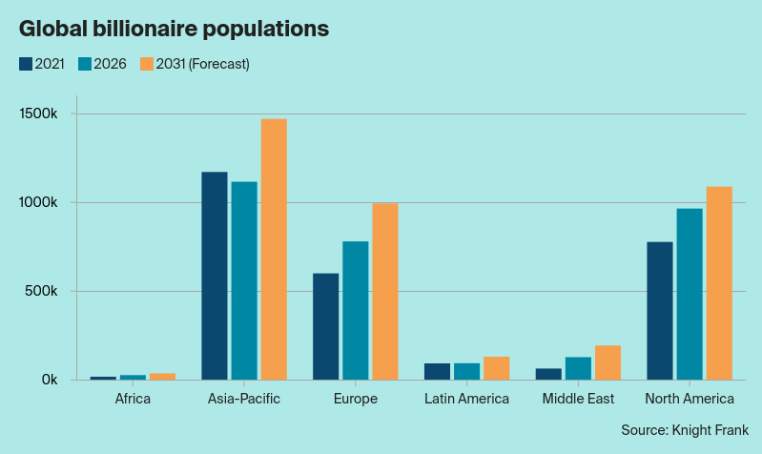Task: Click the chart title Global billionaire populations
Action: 175,29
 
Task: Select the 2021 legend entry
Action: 41,64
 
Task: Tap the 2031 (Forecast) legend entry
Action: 195,64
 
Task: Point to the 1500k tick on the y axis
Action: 41,114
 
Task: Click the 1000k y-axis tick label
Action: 41,203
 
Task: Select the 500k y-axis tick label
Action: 45,291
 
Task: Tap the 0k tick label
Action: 50,380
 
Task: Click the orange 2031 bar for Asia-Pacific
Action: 274,249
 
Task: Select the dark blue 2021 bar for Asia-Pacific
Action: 215,276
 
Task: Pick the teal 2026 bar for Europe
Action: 356,310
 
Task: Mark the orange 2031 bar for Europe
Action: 385,291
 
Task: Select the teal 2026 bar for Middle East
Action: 578,368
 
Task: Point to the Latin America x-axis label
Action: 466,399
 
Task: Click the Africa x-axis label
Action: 133,399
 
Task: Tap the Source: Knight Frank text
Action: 684,430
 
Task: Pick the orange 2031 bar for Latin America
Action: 496,368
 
